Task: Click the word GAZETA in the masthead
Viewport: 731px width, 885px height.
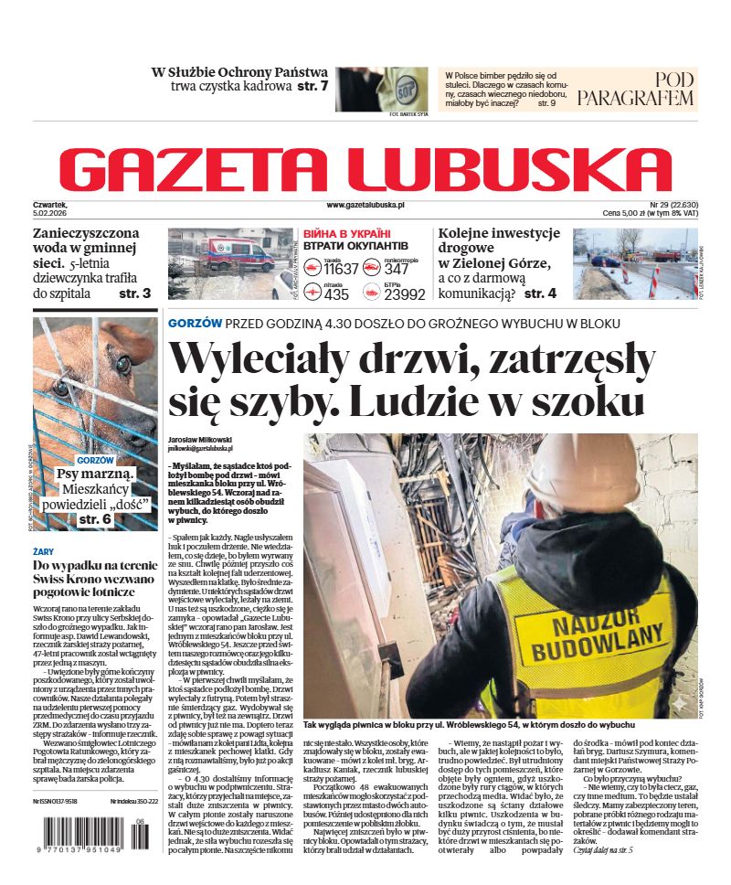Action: pos(197,170)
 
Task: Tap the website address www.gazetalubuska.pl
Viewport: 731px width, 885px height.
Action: pos(365,207)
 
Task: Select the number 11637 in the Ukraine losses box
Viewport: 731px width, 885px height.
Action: pos(342,269)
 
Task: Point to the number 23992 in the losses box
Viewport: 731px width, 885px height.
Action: pos(405,294)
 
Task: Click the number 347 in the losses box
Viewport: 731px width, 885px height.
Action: pos(397,269)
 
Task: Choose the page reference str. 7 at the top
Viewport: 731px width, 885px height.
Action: pos(311,87)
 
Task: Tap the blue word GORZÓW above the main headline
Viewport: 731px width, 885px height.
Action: pos(195,324)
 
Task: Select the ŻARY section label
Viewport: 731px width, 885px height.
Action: pos(43,552)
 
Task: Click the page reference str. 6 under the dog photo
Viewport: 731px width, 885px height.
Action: pos(94,518)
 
